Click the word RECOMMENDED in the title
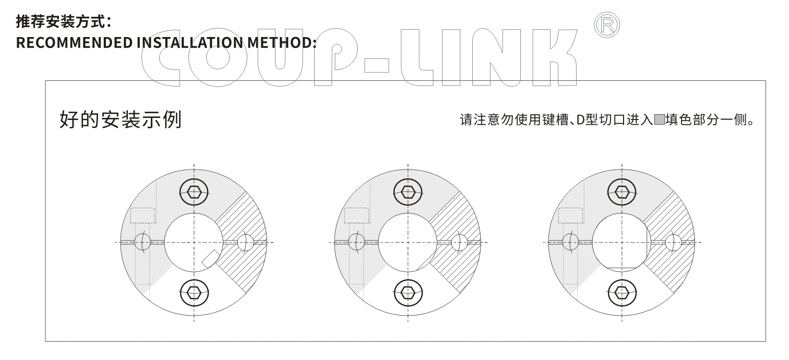74,43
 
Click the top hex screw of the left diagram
194,192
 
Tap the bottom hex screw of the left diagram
194,292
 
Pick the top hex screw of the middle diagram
408,192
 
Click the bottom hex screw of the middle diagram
408,292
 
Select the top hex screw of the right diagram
622,192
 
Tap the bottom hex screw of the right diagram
622,292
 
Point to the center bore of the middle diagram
408,242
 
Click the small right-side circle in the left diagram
245,242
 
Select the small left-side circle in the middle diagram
356,242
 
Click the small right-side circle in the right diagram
673,242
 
